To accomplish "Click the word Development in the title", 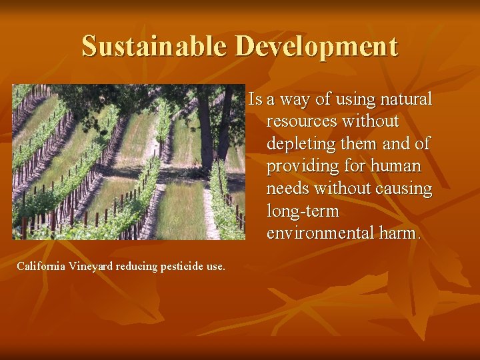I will pyautogui.click(x=317, y=47).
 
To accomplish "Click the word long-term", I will pyautogui.click(x=303, y=212).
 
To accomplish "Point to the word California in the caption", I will pyautogui.click(x=40, y=267).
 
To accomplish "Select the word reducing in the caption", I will pyautogui.click(x=137, y=267).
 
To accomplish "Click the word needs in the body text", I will pyautogui.click(x=289, y=189).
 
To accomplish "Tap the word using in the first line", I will pyautogui.click(x=351, y=100).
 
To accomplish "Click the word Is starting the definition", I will pyautogui.click(x=254, y=100).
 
